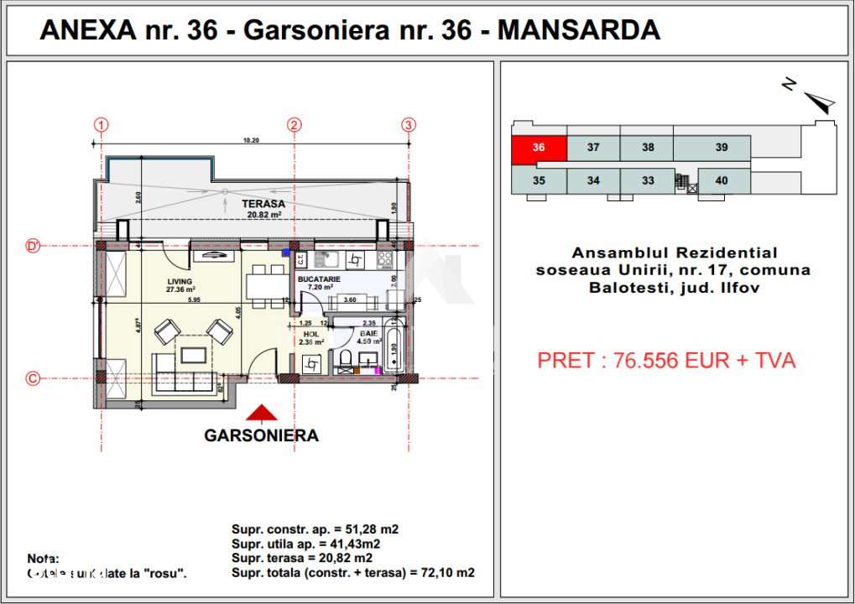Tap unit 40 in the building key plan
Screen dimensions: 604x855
pos(721,180)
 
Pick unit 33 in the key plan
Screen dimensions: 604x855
pos(647,180)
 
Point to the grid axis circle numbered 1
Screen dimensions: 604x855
pos(102,125)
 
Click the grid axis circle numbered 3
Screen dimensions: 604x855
pos(409,125)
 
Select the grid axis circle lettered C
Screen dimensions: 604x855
pos(33,378)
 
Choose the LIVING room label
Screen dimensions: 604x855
pos(180,282)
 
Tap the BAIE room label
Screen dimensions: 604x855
pos(368,333)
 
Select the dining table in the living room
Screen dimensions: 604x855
pos(265,285)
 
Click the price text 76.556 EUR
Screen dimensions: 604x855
pos(666,361)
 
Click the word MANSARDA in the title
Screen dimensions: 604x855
pos(579,30)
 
